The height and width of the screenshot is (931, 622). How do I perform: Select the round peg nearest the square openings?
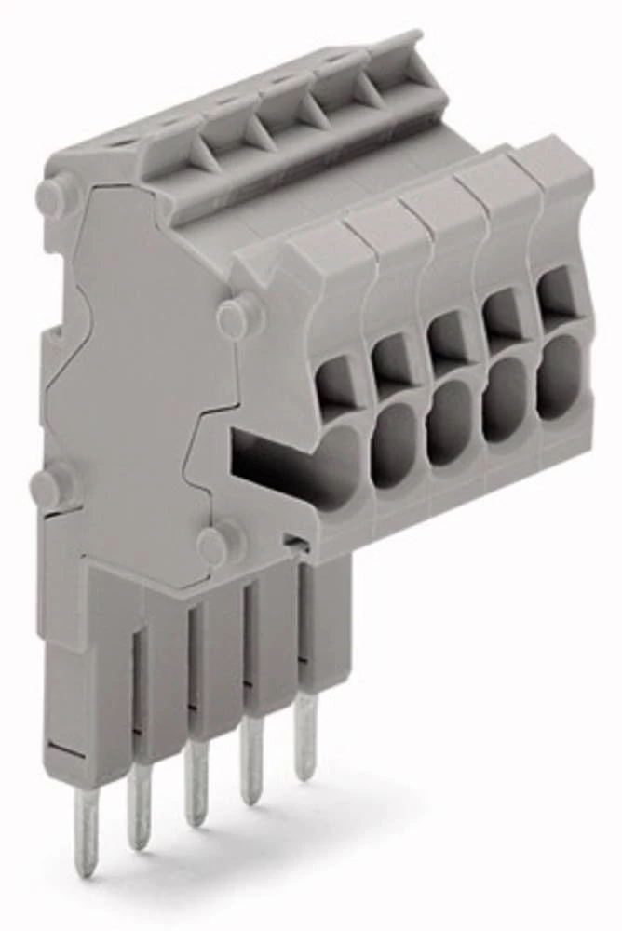239,316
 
